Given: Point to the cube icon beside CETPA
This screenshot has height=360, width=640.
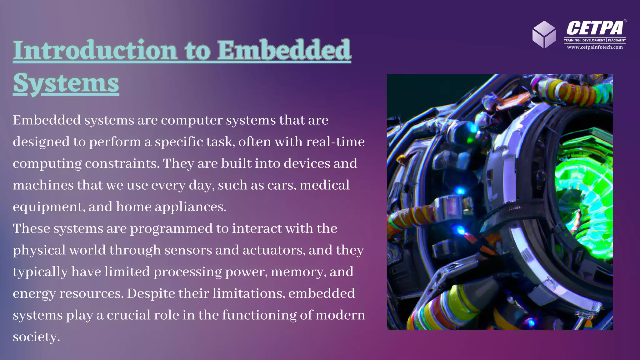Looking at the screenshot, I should point(544,34).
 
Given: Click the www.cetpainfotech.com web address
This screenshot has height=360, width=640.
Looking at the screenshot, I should point(595,47).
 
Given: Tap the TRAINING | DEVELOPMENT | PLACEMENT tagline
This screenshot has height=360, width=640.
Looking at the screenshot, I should point(595,40).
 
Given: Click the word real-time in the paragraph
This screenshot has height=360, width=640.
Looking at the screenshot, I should point(335,142).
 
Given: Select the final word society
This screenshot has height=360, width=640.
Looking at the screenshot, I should point(36,337).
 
